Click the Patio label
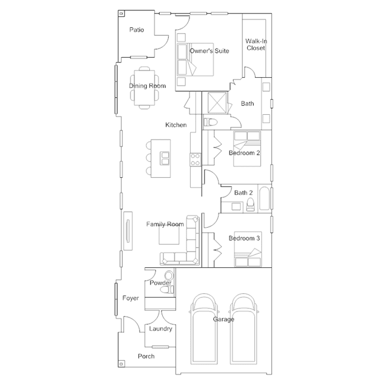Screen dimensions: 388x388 pyautogui.click(x=137, y=30)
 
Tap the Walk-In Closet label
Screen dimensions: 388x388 pyautogui.click(x=256, y=44)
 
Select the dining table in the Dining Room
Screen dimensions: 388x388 pyautogui.click(x=145, y=88)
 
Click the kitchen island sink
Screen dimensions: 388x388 pyautogui.click(x=165, y=158)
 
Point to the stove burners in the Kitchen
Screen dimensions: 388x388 pyautogui.click(x=196, y=160)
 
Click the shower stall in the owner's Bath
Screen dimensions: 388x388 pyautogui.click(x=217, y=103)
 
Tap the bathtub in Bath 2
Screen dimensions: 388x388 pyautogui.click(x=265, y=199)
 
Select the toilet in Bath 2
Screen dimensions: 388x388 pyautogui.click(x=250, y=205)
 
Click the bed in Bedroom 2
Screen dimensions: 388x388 pyautogui.click(x=247, y=149)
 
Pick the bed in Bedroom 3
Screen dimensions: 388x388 pyautogui.click(x=248, y=249)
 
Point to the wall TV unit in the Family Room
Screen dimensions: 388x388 pyautogui.click(x=128, y=231)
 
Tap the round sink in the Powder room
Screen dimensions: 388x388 pyautogui.click(x=169, y=275)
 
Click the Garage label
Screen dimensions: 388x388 pyautogui.click(x=223, y=319)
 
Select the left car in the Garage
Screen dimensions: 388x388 pyautogui.click(x=204, y=329)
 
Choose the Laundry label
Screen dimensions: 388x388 pyautogui.click(x=160, y=329)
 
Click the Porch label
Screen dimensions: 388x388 pyautogui.click(x=146, y=356)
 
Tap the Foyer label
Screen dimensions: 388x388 pyautogui.click(x=131, y=298)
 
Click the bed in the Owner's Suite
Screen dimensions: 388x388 pyautogui.click(x=196, y=60)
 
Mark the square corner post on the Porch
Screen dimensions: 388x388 pyautogui.click(x=121, y=364)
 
